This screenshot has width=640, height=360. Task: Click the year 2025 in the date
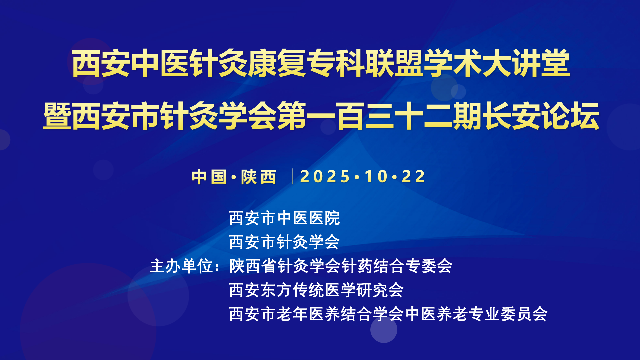pyautogui.click(x=325, y=177)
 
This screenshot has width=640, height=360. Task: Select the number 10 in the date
pyautogui.click(x=376, y=177)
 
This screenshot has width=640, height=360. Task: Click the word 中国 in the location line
pyautogui.click(x=209, y=177)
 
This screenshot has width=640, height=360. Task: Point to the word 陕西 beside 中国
pyautogui.click(x=259, y=177)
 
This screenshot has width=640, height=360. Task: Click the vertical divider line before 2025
pyautogui.click(x=292, y=177)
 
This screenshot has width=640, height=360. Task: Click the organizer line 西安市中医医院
pyautogui.click(x=284, y=218)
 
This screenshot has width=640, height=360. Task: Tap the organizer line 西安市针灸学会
pyautogui.click(x=284, y=242)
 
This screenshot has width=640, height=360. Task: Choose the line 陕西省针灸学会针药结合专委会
pyautogui.click(x=341, y=266)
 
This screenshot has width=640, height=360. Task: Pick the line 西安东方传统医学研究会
pyautogui.click(x=316, y=290)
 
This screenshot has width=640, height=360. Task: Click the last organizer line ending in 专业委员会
pyautogui.click(x=388, y=314)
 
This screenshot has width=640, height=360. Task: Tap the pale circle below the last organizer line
pyautogui.click(x=384, y=329)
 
